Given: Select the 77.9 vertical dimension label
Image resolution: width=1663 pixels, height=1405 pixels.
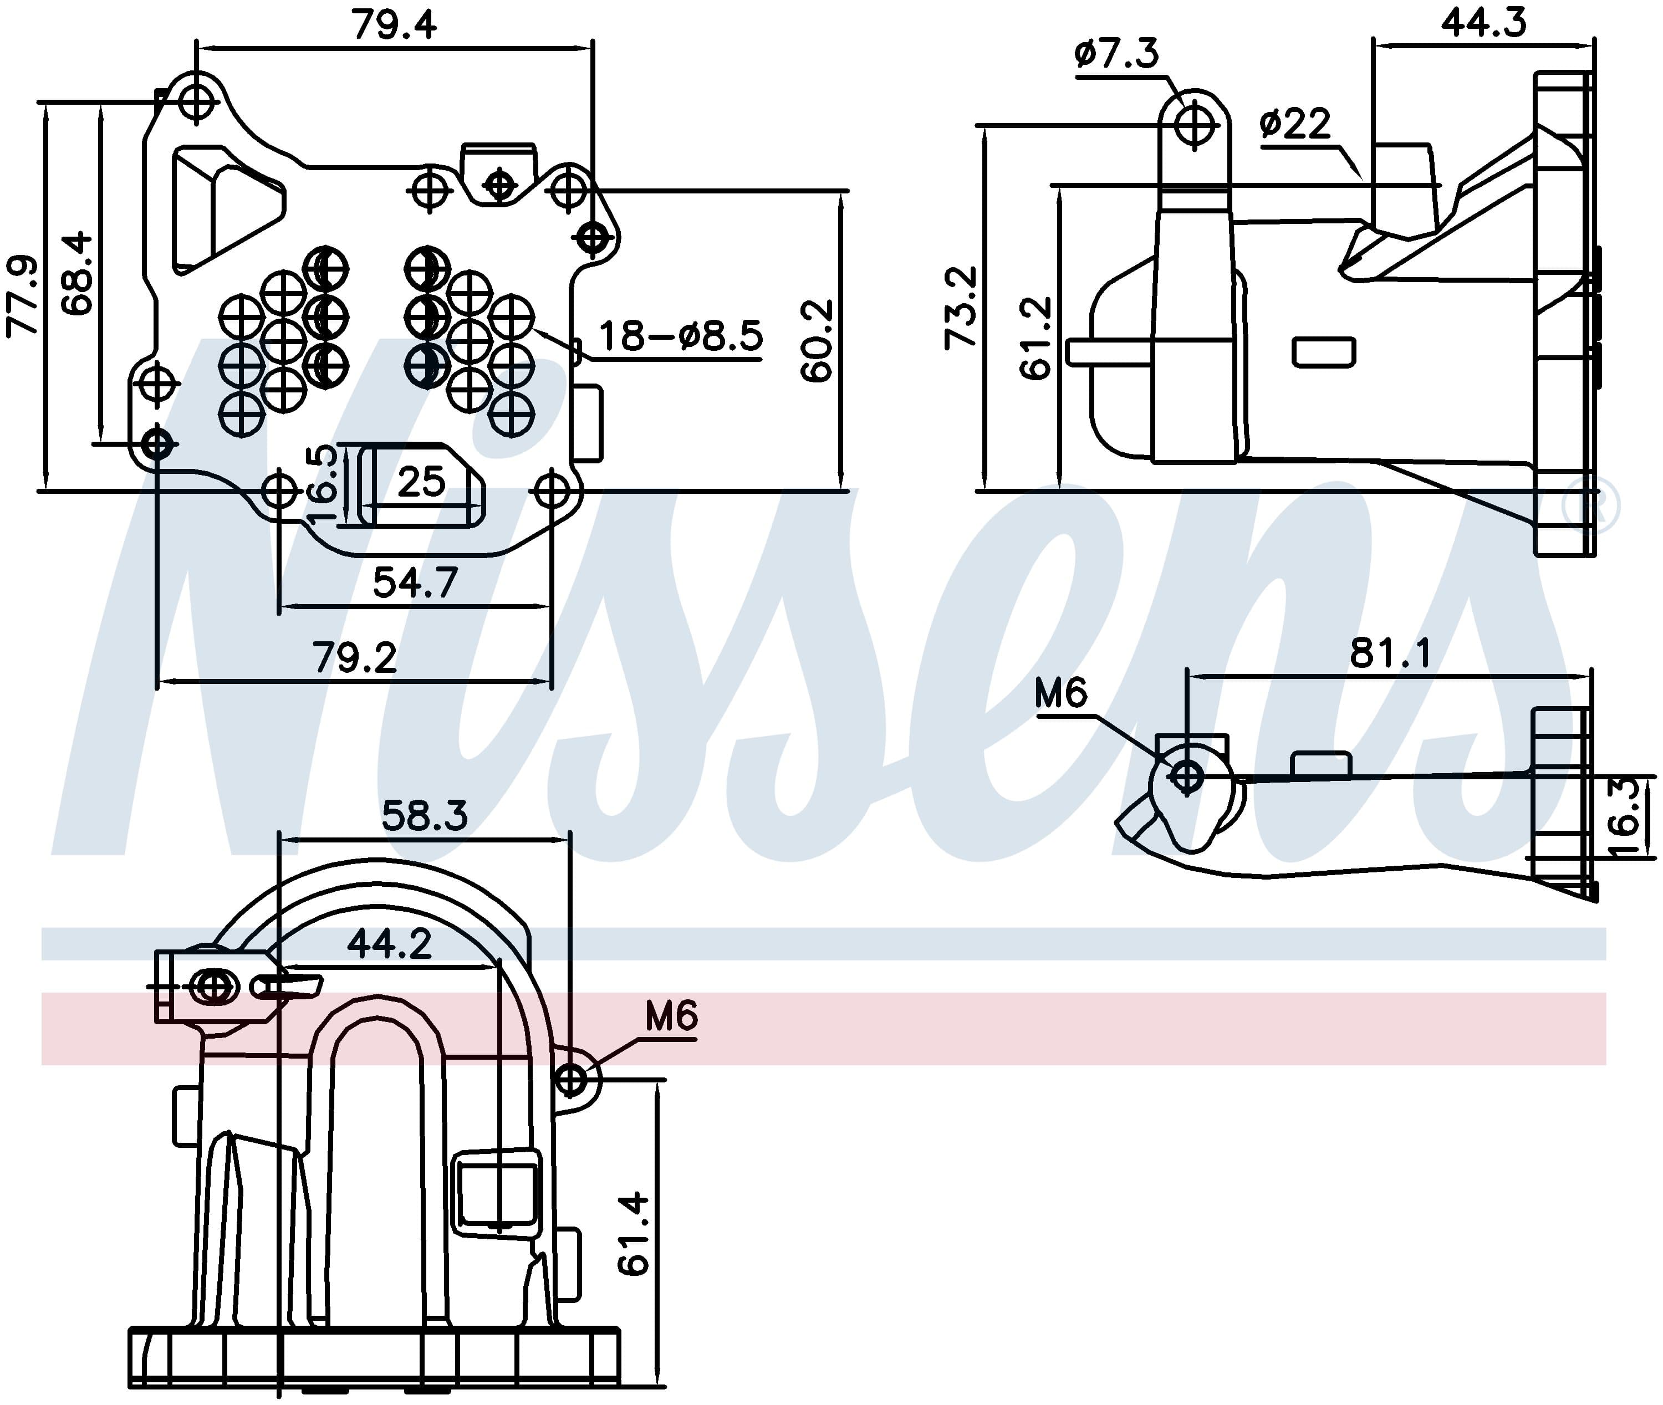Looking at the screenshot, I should click(22, 297).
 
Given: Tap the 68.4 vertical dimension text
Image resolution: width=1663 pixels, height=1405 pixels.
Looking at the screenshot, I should click(77, 273).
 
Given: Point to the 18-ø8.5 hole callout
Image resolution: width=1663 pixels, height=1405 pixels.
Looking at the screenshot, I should click(680, 336).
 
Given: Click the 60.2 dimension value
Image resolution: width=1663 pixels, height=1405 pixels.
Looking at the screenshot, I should click(817, 341).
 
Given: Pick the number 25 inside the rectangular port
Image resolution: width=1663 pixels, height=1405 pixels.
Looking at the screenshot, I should click(421, 482).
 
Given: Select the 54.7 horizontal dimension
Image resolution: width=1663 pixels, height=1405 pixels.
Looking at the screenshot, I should click(415, 583).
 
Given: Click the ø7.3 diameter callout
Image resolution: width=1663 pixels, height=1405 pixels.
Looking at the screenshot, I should click(1116, 53).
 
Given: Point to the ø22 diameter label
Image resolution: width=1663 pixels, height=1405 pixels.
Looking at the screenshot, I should click(1295, 124).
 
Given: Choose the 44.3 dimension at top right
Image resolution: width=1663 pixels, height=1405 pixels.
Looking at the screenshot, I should click(1483, 22).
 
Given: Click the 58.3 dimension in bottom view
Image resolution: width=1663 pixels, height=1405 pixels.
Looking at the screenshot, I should click(425, 816).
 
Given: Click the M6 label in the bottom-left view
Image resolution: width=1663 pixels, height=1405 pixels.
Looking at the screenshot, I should click(671, 1017).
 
